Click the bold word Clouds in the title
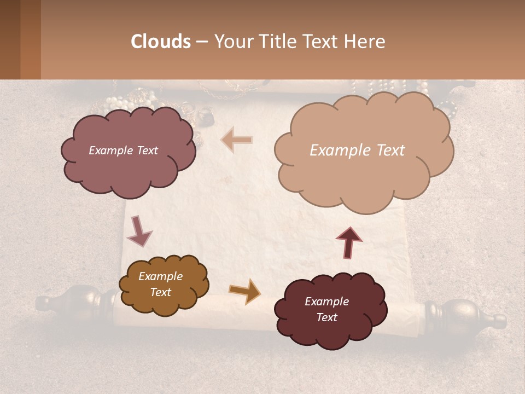(x=161, y=42)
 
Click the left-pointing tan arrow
(x=237, y=140)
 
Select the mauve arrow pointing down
(x=139, y=231)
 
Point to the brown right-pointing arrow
(x=244, y=291)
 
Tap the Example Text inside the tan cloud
(x=357, y=150)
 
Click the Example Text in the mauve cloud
(x=123, y=150)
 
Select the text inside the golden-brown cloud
(x=160, y=284)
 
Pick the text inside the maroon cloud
(x=326, y=309)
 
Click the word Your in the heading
(x=233, y=42)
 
